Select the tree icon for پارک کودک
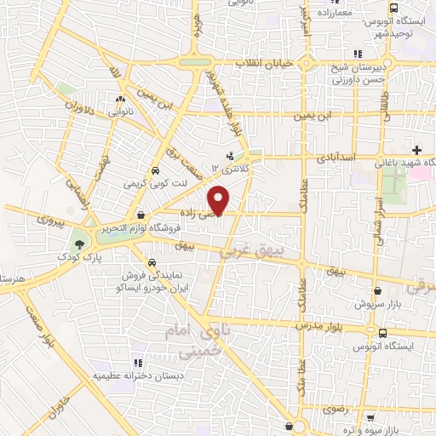coord(79,244)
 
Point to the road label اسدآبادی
coord(334,158)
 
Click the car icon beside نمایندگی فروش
coord(151,262)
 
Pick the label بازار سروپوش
coord(376,303)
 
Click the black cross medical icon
coord(416,151)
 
